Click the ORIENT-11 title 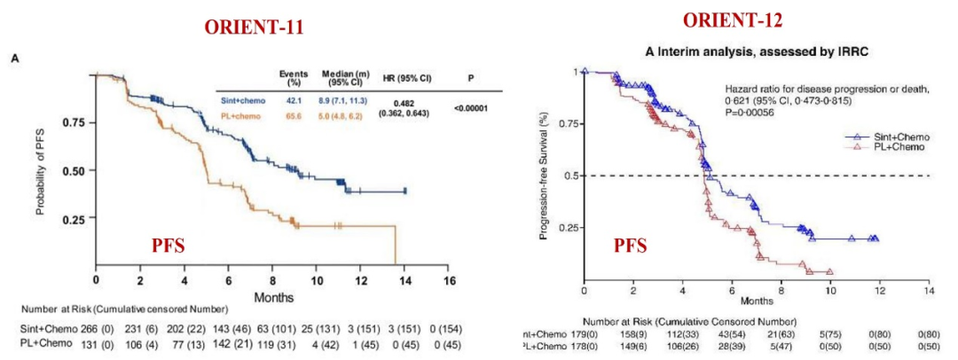(255, 27)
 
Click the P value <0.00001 (469, 108)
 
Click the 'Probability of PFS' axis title (41, 169)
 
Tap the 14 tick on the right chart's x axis (928, 291)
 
